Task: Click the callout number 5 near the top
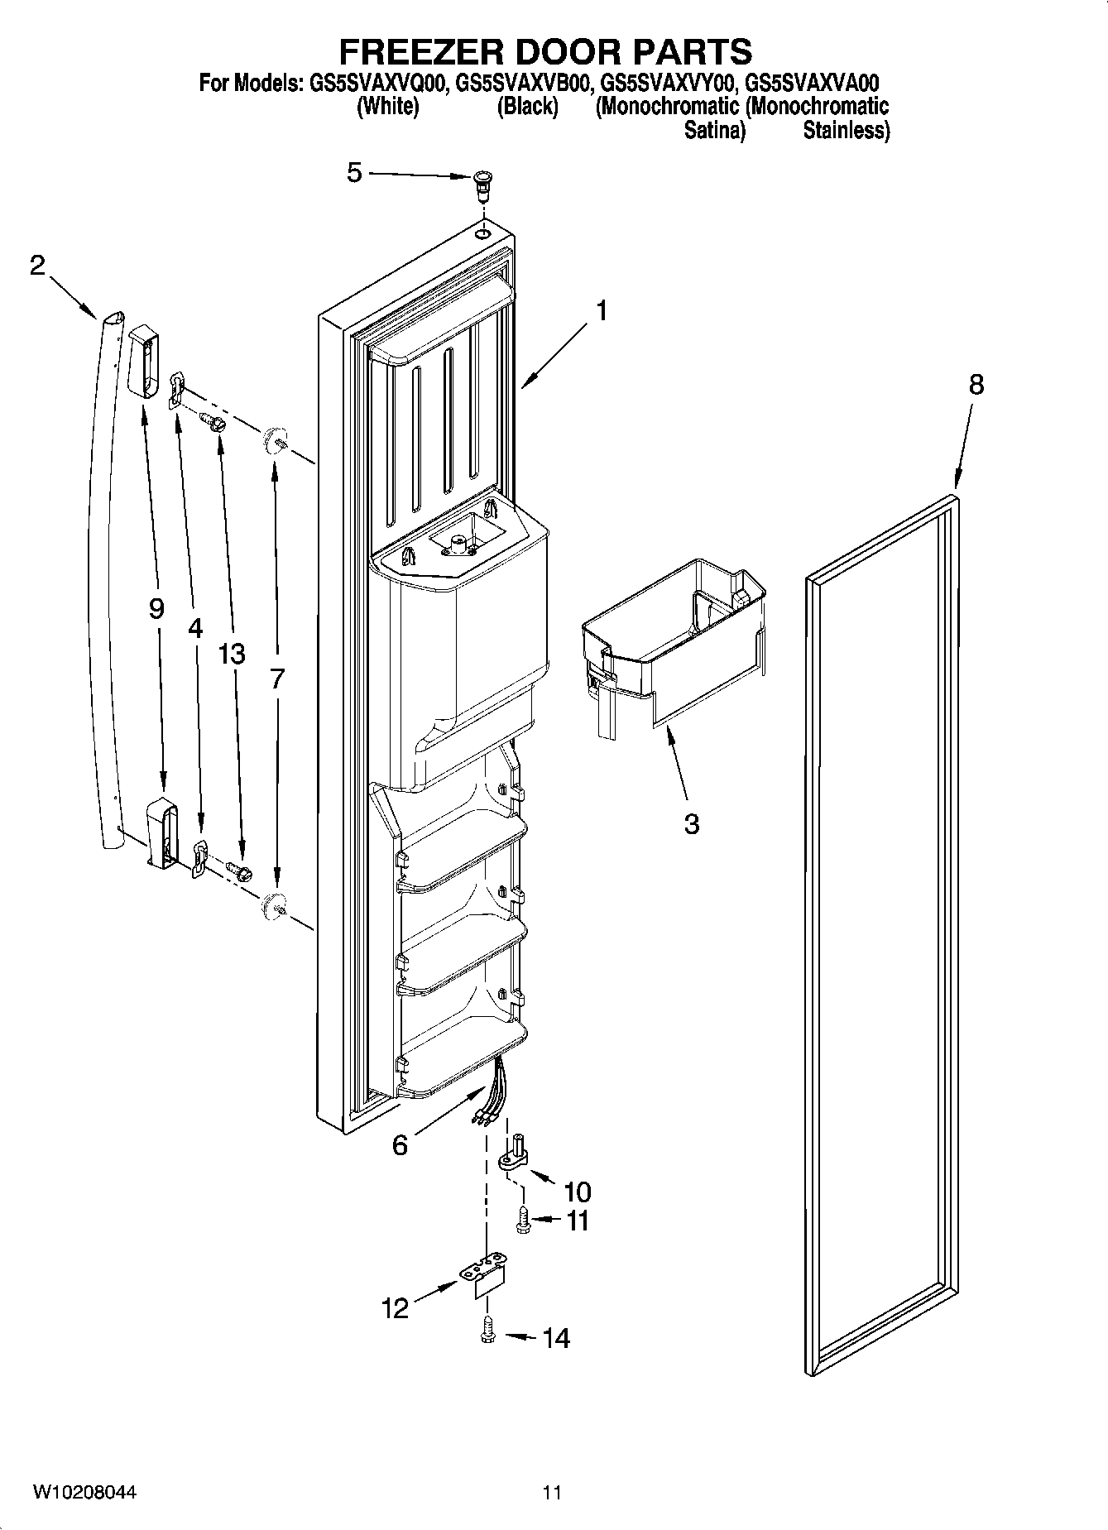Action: (354, 173)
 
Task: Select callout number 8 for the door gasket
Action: (976, 385)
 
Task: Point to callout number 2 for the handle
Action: (37, 266)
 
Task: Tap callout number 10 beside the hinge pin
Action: (577, 1192)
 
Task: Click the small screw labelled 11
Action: (523, 1221)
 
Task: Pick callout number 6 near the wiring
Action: (400, 1145)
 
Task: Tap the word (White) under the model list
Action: (387, 107)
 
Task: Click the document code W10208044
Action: (84, 1493)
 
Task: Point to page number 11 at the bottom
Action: (552, 1493)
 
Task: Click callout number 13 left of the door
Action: (232, 654)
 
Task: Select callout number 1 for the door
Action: (602, 311)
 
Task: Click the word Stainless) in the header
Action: (846, 130)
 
